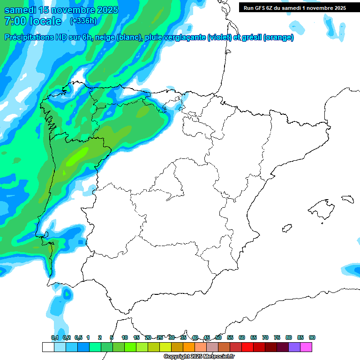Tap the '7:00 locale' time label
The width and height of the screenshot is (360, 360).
(33, 21)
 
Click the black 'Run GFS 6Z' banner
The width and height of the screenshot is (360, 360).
(294, 7)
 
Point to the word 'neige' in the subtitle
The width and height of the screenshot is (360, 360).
(105, 37)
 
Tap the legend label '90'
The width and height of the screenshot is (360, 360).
(312, 337)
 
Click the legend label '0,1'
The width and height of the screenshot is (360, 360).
(55, 337)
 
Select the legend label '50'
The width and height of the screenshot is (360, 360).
(218, 337)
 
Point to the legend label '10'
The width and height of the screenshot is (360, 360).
(125, 337)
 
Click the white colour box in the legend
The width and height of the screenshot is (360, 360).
(48, 347)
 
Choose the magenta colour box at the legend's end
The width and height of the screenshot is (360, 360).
(306, 347)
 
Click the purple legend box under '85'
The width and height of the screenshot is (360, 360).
(294, 347)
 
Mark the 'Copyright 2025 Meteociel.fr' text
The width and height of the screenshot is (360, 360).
(199, 357)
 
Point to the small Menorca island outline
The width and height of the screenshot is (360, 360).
(347, 199)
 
